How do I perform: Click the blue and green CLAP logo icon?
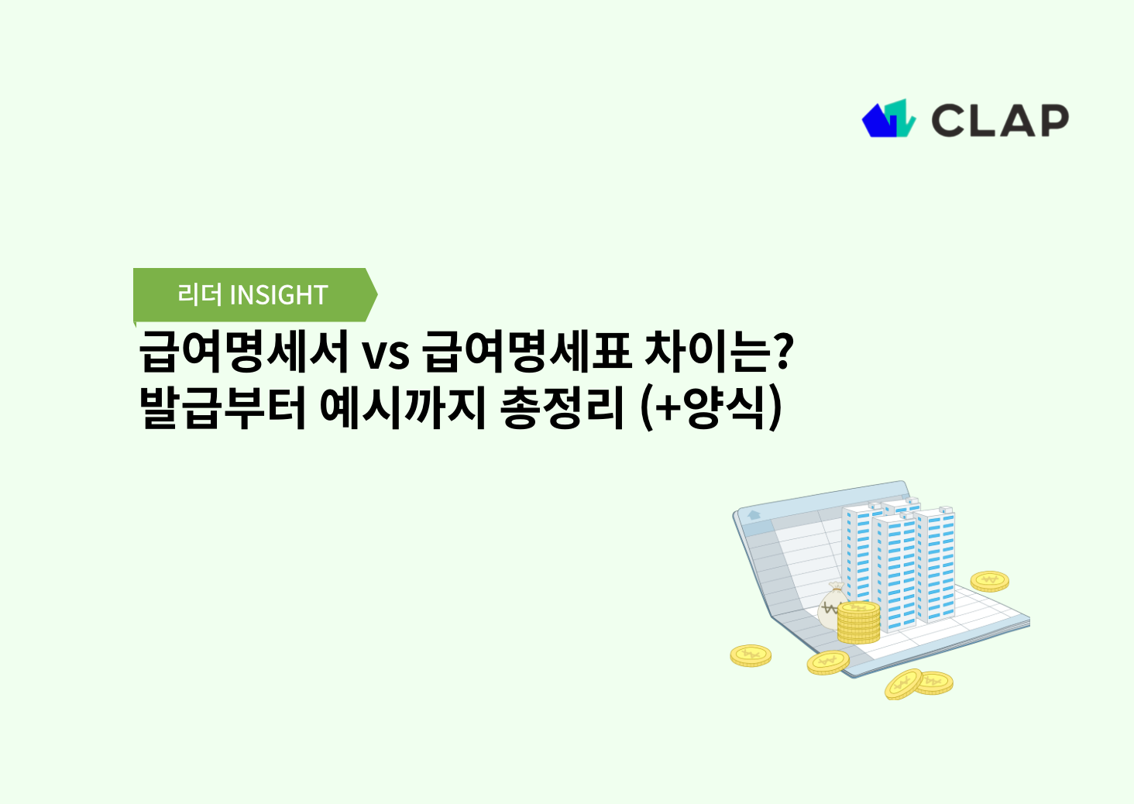point(888,119)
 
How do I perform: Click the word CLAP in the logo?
point(1000,121)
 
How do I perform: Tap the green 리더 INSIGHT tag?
point(253,294)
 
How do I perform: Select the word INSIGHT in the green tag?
point(279,295)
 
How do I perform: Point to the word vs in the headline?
point(385,354)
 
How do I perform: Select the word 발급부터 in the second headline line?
point(223,408)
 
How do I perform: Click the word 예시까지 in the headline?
point(402,408)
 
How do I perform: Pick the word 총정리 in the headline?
point(562,408)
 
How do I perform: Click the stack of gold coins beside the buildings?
point(858,623)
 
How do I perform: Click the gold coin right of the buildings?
point(989,581)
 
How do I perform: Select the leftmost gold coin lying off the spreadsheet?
point(751,656)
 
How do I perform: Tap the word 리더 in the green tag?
point(200,294)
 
